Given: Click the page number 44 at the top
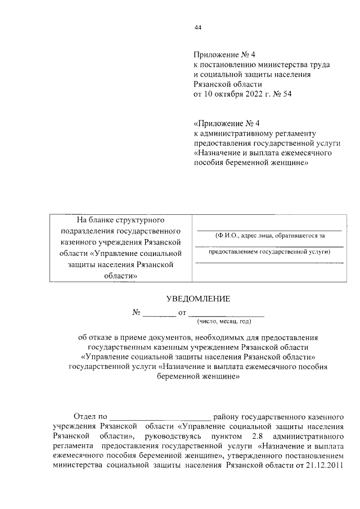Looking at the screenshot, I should coord(197,27).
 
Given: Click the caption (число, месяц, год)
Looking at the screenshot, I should coord(223,321).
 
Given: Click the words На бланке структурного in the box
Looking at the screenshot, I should coord(120,221).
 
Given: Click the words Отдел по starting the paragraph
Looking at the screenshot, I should coord(91,417).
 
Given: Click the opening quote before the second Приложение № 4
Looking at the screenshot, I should coord(195,123).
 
